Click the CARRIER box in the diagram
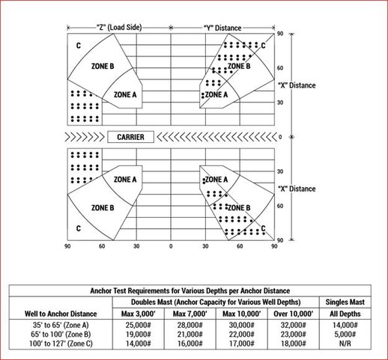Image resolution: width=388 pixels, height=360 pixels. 130,137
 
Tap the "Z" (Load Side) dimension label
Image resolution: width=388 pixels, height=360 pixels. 119,28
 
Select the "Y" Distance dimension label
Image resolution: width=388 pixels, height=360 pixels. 222,28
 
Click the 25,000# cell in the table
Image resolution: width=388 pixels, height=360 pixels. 139,325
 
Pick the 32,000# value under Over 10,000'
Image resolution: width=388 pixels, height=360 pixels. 293,325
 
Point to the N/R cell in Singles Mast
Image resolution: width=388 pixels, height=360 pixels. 345,344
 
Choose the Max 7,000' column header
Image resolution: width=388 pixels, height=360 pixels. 190,314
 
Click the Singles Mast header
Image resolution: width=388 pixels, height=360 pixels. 345,302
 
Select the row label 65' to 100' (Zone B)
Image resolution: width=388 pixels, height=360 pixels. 61,335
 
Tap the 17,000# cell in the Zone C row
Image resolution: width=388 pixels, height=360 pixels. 242,344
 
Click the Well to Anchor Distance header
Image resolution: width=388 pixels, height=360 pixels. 61,314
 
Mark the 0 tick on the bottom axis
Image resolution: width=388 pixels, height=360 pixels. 171,246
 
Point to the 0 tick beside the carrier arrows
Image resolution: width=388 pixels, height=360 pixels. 280,137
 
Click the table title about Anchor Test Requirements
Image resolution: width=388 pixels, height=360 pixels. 190,290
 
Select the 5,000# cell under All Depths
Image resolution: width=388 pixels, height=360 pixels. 345,335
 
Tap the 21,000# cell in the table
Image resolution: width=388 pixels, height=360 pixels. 190,335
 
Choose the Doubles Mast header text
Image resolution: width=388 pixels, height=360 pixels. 216,302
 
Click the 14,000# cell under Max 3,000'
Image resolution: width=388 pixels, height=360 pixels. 139,344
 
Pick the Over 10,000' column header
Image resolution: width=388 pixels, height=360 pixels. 293,314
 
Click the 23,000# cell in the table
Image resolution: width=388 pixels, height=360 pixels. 293,335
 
